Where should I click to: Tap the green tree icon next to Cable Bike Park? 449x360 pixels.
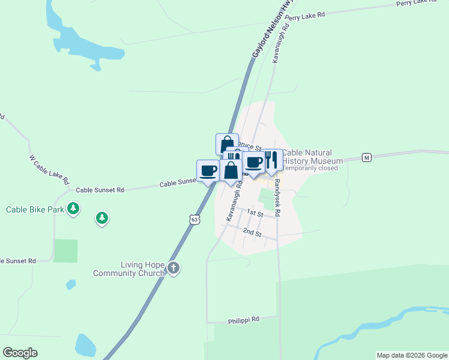[x=73, y=209]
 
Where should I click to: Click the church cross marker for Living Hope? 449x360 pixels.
[x=173, y=268]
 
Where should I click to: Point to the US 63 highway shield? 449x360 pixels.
[x=194, y=220]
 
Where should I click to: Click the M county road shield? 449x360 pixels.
[x=367, y=158]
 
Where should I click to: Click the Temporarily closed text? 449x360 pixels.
[x=311, y=168]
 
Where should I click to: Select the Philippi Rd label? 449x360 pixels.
[x=244, y=320]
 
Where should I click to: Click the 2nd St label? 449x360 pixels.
[x=252, y=233]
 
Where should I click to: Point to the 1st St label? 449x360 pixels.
[x=255, y=214]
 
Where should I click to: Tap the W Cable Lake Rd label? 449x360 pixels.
[x=50, y=170]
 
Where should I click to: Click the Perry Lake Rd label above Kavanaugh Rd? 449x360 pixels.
[x=305, y=16]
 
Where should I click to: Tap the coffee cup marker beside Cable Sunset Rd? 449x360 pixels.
[x=208, y=171]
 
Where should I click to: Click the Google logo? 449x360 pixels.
[x=20, y=353]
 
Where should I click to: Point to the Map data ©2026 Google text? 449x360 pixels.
[x=412, y=355]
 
